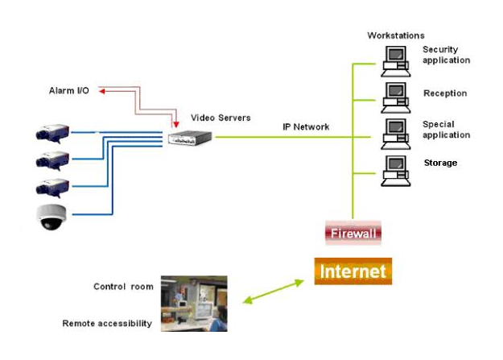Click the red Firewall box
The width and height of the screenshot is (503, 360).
352,234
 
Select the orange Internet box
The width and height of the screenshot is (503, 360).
353,271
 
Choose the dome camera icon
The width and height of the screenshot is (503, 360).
53,217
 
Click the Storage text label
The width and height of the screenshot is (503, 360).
440,163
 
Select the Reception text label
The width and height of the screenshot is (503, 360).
445,93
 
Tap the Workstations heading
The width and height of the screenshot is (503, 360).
396,35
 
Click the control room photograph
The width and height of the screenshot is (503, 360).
194,303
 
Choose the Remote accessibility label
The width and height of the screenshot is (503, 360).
107,324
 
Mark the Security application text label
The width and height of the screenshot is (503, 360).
446,55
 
